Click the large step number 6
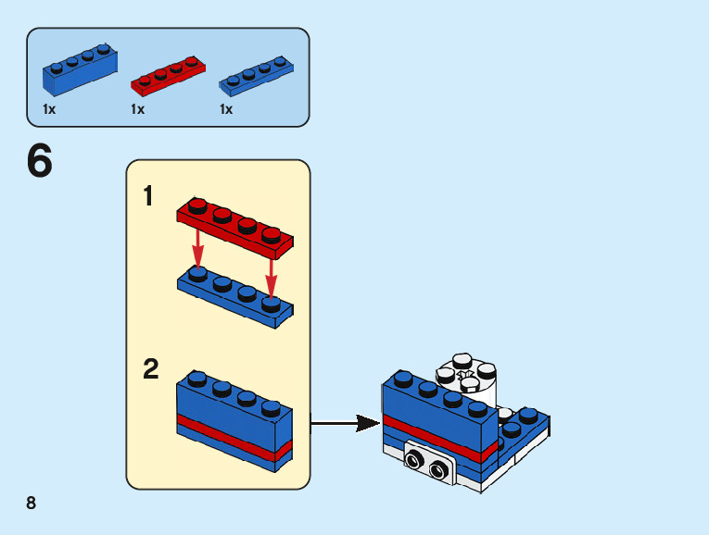40,162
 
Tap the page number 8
32,503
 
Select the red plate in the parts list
170,76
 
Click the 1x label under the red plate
138,109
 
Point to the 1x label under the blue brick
49,109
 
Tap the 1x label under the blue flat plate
226,109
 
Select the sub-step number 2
151,369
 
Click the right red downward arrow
272,276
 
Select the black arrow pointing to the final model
344,424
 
